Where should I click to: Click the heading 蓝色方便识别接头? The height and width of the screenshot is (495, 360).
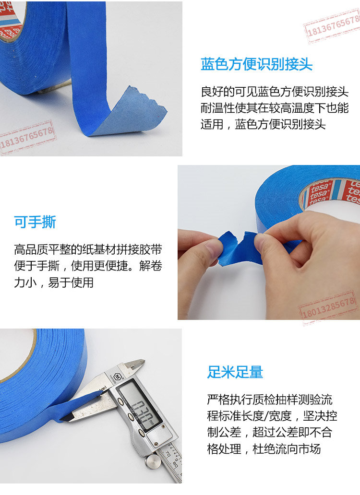click(x=256, y=64)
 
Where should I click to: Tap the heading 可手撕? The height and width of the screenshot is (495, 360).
click(x=35, y=222)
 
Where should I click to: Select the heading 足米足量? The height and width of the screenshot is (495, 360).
click(x=235, y=372)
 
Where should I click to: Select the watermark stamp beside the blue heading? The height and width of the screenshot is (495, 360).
click(x=332, y=26)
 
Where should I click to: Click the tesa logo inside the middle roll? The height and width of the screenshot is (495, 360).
click(x=318, y=192)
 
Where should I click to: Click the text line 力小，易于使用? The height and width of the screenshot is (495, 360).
click(x=54, y=283)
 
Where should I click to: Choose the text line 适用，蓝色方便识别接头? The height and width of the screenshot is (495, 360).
click(x=263, y=124)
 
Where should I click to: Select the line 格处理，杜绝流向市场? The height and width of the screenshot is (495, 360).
click(x=264, y=448)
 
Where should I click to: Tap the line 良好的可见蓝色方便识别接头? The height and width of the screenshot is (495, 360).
click(x=275, y=92)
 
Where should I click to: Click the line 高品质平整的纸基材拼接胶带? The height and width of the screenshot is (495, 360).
click(x=88, y=250)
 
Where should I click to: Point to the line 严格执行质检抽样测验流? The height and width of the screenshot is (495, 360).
click(x=270, y=400)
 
